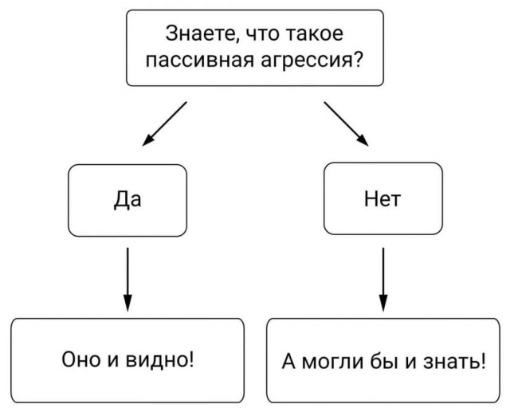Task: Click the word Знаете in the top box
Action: pyautogui.click(x=194, y=35)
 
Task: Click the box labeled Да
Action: pyautogui.click(x=127, y=199)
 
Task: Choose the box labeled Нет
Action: pyautogui.click(x=382, y=199)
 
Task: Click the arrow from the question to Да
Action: pyautogui.click(x=164, y=124)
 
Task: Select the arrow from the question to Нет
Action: pyautogui.click(x=347, y=124)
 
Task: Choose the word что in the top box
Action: pyautogui.click(x=260, y=35)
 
